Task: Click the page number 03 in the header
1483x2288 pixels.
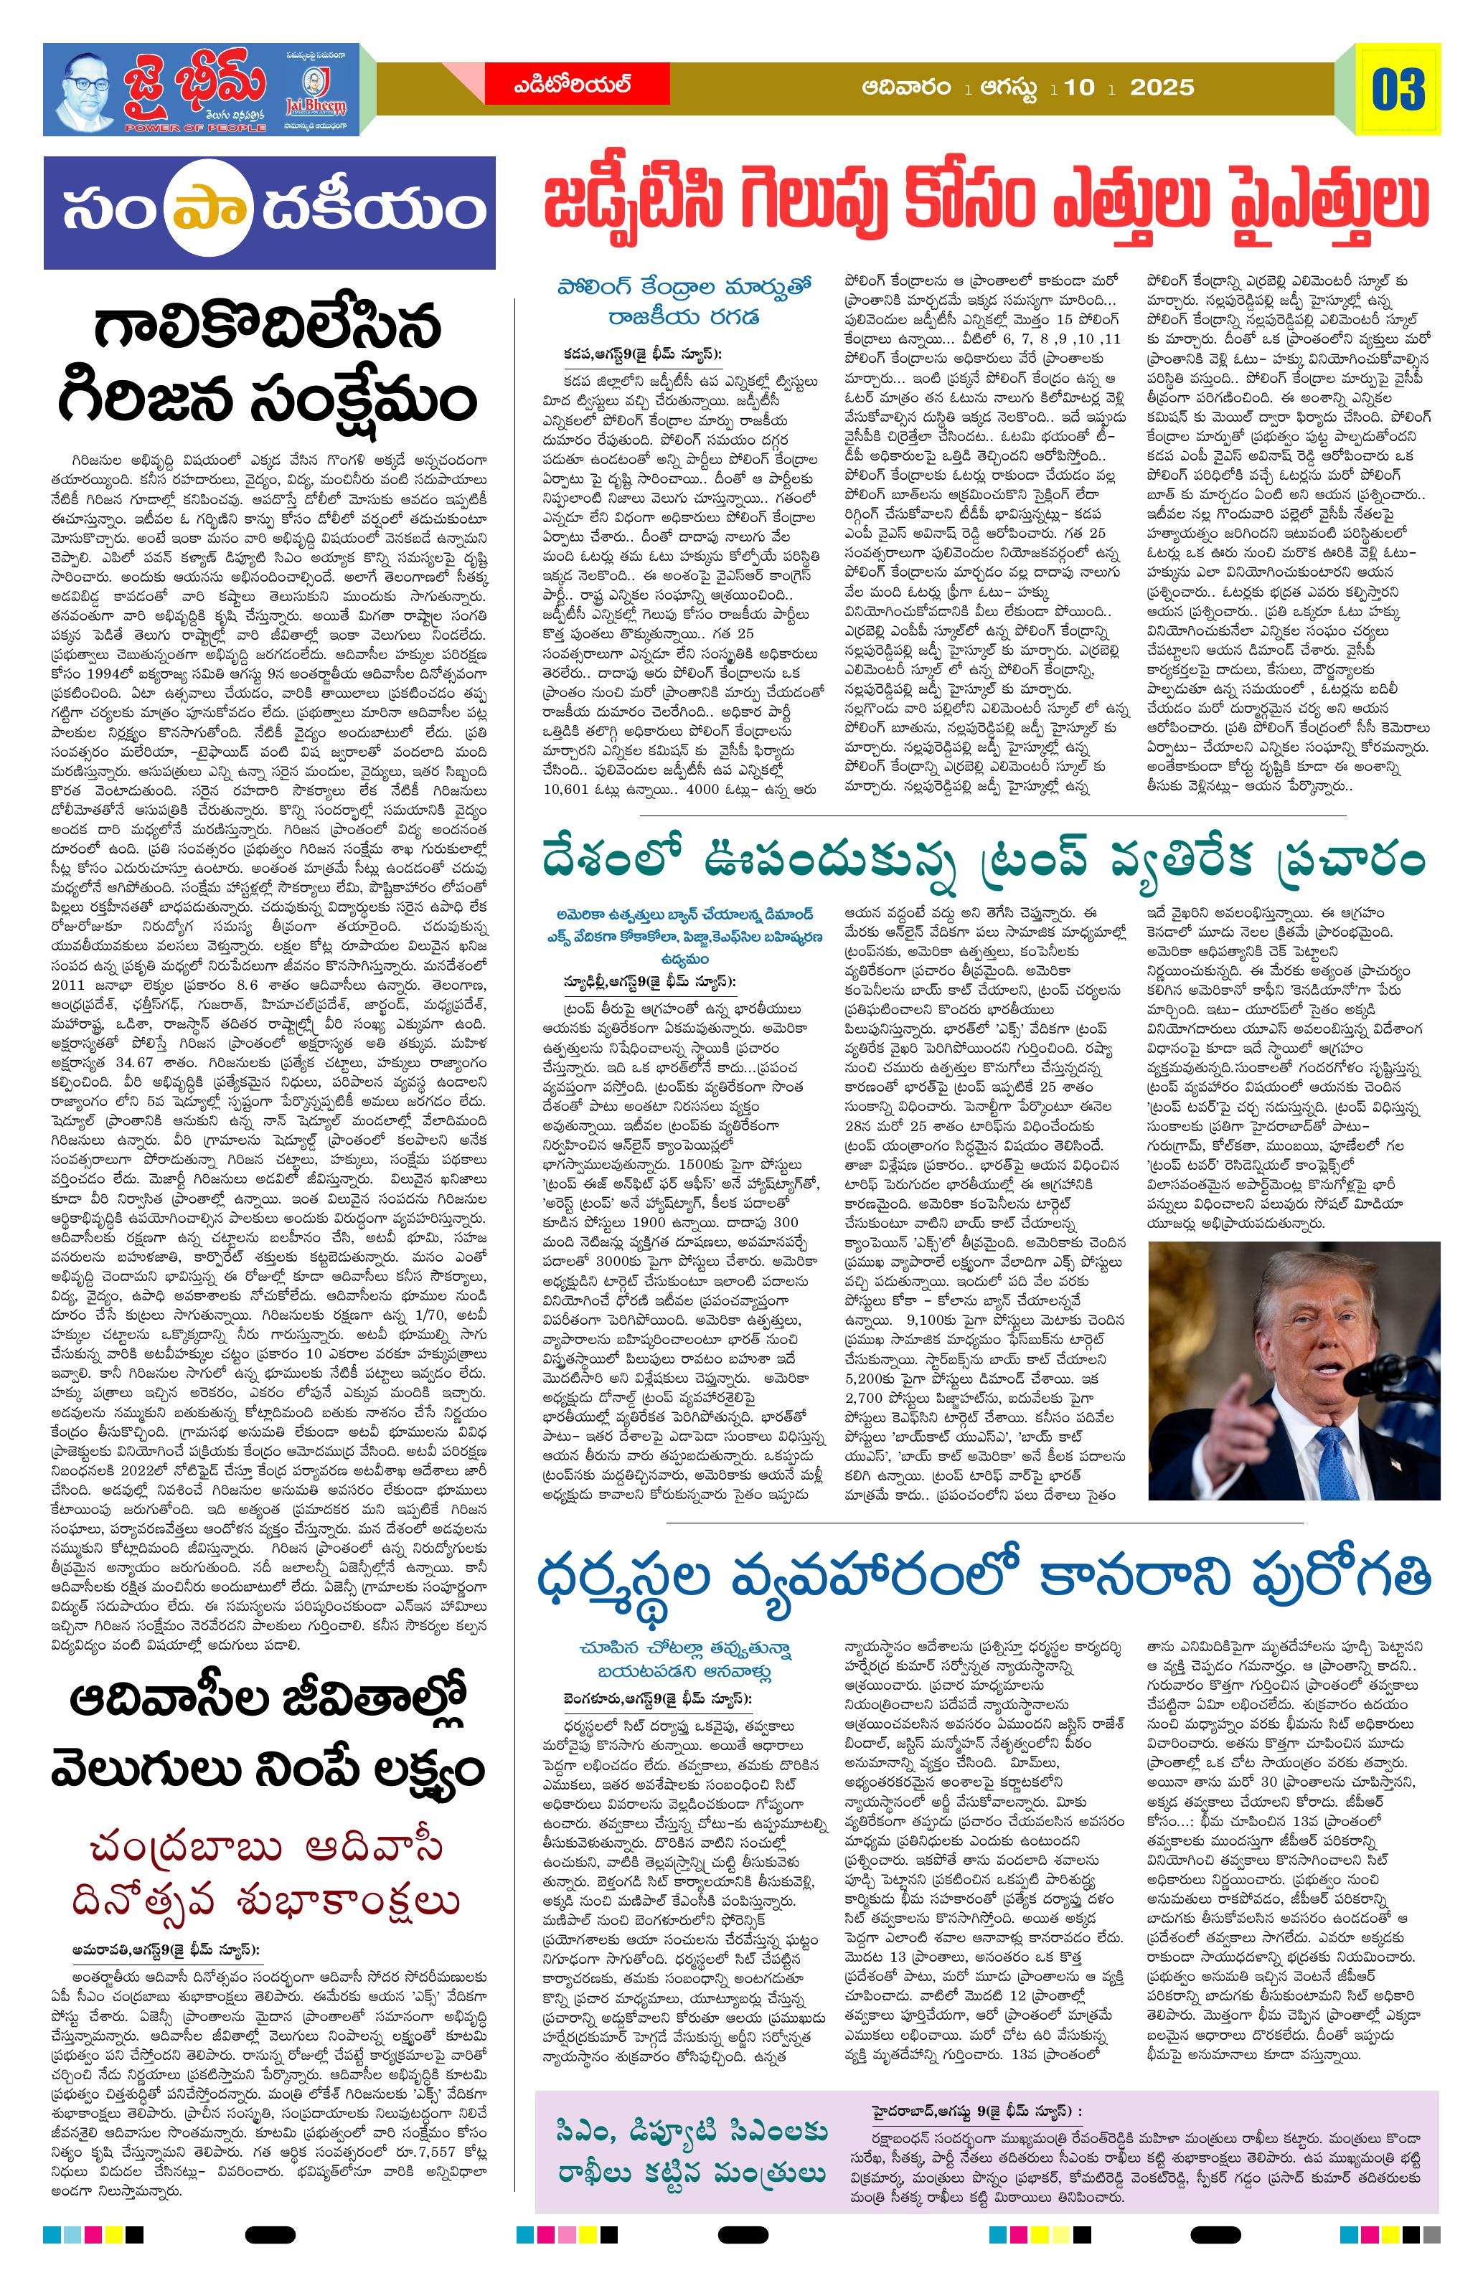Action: point(1398,90)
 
